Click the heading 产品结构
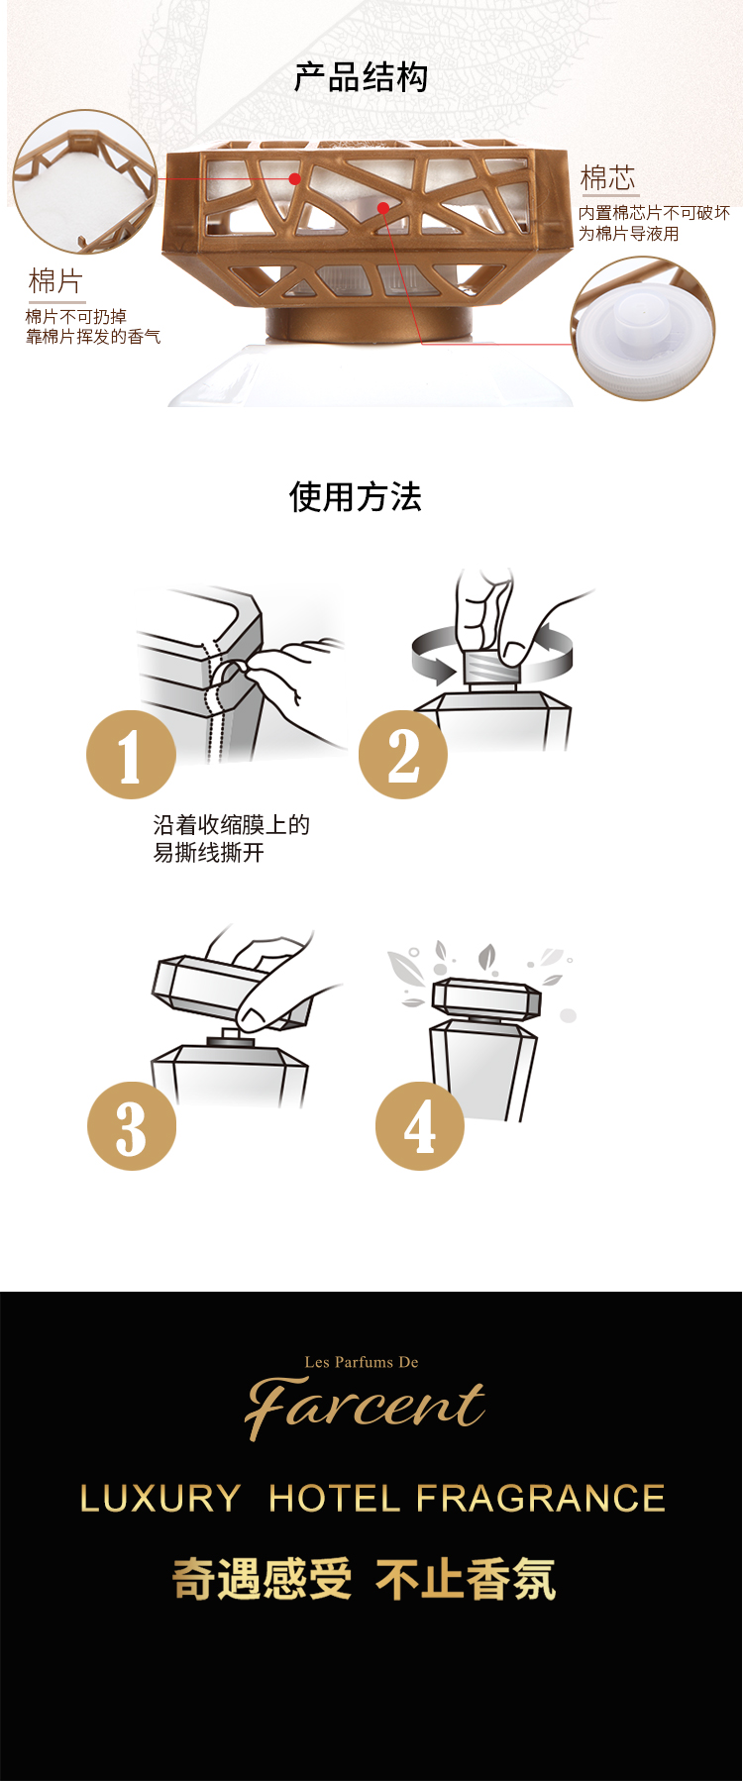click(x=361, y=77)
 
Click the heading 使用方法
click(x=356, y=496)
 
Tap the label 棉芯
click(x=607, y=178)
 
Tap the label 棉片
click(x=55, y=281)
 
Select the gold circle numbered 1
click(x=131, y=755)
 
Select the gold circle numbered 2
click(x=403, y=755)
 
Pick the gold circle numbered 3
click(x=132, y=1126)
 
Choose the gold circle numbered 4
click(x=420, y=1126)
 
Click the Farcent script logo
click(x=365, y=1407)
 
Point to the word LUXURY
click(x=160, y=1499)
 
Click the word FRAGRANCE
click(x=541, y=1499)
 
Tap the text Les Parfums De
click(x=362, y=1362)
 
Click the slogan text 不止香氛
click(x=466, y=1579)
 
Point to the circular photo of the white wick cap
click(x=643, y=329)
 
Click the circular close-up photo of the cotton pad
click(x=85, y=181)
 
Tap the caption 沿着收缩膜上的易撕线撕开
click(x=232, y=839)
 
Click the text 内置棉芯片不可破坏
click(x=654, y=213)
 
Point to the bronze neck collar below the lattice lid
click(x=366, y=324)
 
